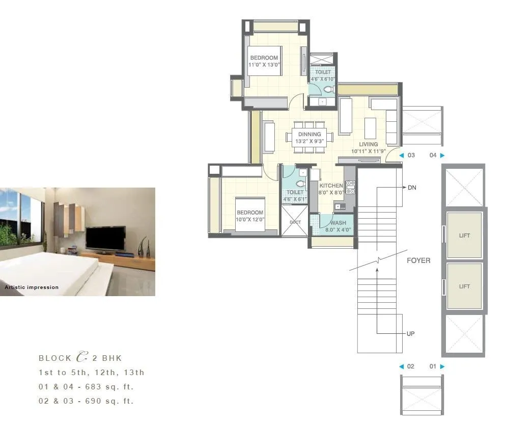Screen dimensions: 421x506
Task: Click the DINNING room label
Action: click(310, 135)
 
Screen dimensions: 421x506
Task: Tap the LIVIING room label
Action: click(368, 145)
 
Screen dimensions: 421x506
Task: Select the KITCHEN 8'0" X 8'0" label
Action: click(331, 186)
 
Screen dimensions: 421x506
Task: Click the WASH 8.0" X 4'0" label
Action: click(338, 223)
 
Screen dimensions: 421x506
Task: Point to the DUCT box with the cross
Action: click(295, 222)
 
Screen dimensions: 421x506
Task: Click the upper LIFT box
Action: click(464, 235)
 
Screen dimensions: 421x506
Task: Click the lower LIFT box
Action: click(464, 286)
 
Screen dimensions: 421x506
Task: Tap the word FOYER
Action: click(418, 260)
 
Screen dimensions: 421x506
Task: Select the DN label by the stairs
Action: click(412, 188)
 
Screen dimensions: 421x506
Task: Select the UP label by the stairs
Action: click(410, 334)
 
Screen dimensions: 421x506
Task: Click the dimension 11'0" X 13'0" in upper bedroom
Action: click(264, 65)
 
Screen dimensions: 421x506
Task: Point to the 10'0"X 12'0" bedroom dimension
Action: click(249, 219)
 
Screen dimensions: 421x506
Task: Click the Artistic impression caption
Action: click(32, 287)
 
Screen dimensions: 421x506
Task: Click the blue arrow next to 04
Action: click(442, 155)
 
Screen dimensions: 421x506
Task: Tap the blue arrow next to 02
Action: click(401, 366)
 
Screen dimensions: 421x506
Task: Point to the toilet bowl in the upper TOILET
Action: click(328, 90)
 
